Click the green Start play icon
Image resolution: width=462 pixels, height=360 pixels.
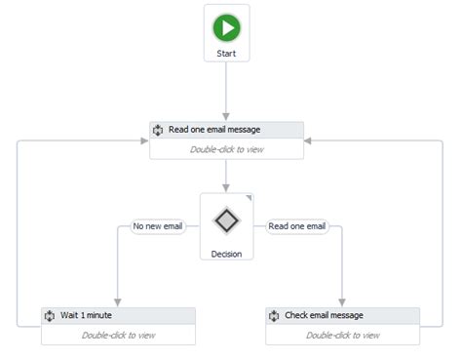[x=226, y=26]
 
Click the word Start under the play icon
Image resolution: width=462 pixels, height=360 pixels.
[x=226, y=53]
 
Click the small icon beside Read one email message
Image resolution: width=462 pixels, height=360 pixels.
[x=157, y=130]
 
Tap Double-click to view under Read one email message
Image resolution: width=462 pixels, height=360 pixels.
[x=226, y=149]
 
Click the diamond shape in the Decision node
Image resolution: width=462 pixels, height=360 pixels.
[x=226, y=220]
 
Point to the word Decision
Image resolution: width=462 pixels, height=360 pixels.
[x=226, y=254]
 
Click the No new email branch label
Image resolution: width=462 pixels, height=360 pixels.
[x=158, y=226]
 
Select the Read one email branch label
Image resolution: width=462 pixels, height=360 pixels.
[x=295, y=226]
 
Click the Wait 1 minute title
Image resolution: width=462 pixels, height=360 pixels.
[x=88, y=316]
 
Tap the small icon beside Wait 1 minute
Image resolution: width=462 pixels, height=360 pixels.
[x=49, y=316]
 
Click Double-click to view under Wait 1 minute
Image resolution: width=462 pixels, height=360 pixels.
[x=118, y=335]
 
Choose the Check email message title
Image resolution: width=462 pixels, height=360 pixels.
[x=324, y=316]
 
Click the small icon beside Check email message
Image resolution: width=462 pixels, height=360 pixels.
[x=273, y=316]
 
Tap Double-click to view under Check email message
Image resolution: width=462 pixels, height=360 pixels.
[x=342, y=335]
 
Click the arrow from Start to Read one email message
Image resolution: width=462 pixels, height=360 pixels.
[x=226, y=93]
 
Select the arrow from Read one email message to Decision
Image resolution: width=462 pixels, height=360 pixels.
[x=226, y=176]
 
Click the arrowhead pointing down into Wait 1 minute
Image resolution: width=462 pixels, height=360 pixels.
[x=118, y=302]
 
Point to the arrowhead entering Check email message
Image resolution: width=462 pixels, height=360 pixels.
[x=342, y=302]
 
